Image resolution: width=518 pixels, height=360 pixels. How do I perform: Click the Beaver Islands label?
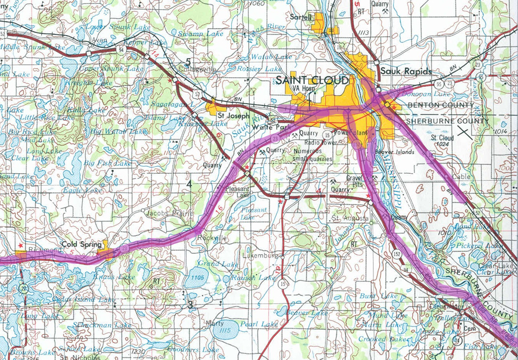tap(398, 152)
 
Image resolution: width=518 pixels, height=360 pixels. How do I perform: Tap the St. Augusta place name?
tap(349, 219)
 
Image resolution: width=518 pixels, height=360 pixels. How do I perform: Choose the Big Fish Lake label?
tap(107, 163)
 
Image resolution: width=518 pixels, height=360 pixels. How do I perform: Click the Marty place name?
tap(215, 324)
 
